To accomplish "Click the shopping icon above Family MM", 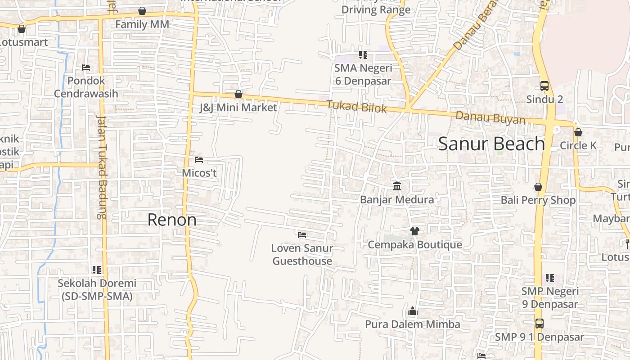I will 142,11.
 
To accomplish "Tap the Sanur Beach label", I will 491,144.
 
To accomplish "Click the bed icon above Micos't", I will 199,160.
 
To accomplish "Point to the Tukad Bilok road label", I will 356,107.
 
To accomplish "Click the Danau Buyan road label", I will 490,117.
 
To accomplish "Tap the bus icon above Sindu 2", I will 544,85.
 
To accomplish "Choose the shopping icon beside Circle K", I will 578,132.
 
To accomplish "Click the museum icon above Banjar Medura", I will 397,186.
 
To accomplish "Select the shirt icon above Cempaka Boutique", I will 414,231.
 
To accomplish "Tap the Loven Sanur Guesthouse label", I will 302,254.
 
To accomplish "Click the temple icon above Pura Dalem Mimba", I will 412,311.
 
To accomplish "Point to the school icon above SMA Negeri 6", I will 363,55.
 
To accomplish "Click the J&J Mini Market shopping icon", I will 238,94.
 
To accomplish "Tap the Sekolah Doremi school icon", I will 97,270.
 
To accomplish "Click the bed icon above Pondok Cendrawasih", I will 86,68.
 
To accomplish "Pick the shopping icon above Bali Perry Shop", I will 538,187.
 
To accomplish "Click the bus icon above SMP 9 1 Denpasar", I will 539,323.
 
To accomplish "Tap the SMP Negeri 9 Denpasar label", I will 550,297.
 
